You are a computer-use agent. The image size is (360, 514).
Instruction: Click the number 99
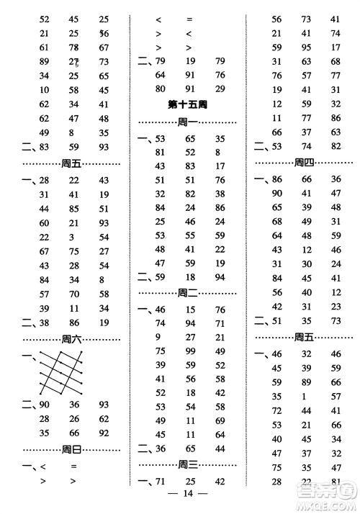191,351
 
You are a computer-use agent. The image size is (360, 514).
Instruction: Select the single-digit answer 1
305,396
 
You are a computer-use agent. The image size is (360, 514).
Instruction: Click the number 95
305,49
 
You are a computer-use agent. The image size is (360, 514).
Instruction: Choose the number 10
45,90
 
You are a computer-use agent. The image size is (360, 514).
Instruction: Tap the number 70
73,294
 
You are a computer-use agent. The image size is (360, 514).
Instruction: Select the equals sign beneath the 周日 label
73,467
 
